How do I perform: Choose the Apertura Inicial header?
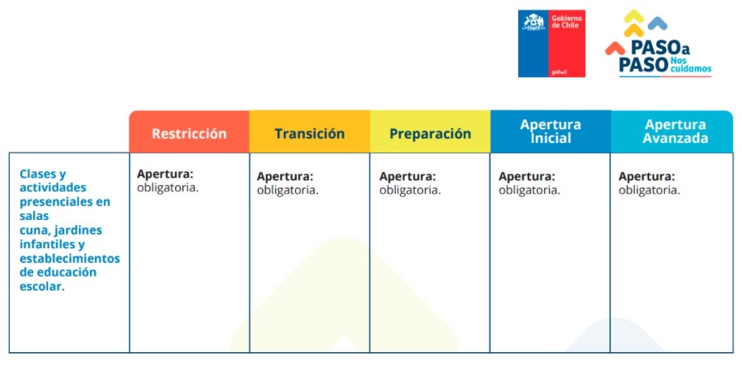click(x=551, y=131)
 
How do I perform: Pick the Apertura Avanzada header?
click(x=675, y=131)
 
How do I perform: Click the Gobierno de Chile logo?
click(x=551, y=43)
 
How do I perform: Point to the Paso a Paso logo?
click(x=658, y=45)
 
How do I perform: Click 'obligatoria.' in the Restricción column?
click(x=168, y=187)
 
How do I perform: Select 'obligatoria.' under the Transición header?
click(x=288, y=190)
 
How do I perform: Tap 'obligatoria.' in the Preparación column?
click(x=410, y=190)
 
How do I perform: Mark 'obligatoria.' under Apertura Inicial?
click(x=529, y=190)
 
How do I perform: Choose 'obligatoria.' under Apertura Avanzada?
click(x=650, y=190)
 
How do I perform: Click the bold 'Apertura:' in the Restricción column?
click(x=165, y=174)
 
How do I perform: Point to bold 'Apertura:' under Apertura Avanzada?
click(x=647, y=176)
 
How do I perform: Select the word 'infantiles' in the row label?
click(x=48, y=244)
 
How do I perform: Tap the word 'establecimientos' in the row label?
click(x=70, y=258)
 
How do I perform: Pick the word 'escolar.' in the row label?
click(x=41, y=286)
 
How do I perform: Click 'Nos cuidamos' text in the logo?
click(x=690, y=65)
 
